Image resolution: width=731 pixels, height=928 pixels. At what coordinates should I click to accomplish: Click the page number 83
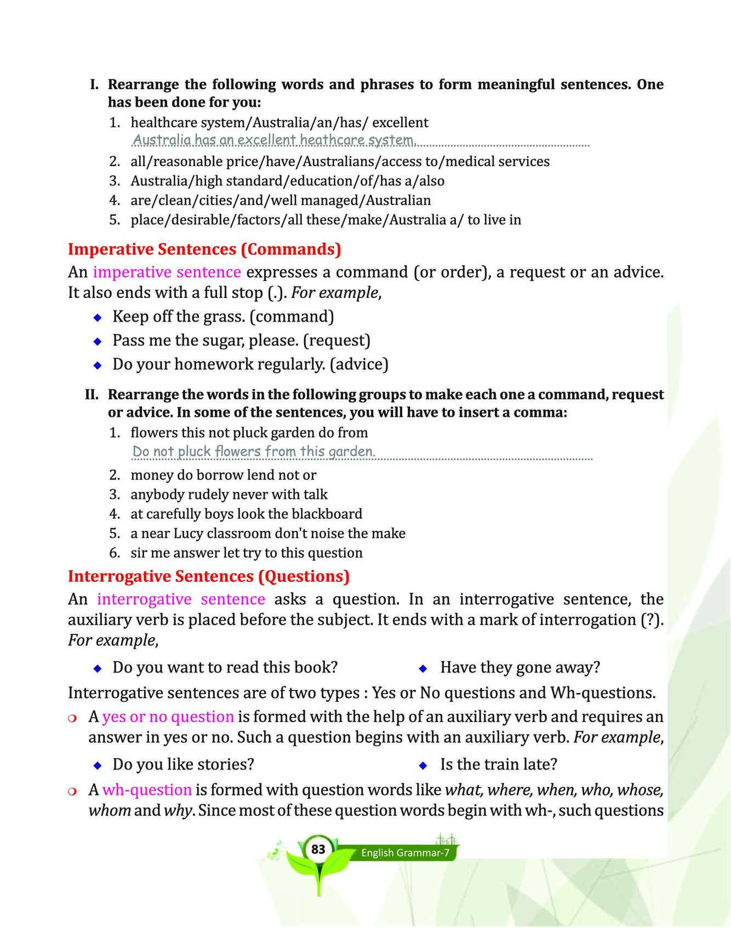point(318,850)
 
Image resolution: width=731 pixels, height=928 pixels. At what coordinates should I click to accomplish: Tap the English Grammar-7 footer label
point(405,853)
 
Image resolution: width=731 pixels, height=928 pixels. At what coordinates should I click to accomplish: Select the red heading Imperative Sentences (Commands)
point(204,249)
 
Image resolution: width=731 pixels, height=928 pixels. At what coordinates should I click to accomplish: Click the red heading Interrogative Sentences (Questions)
point(209,576)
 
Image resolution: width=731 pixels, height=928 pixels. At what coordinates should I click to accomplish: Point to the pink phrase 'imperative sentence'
point(167,272)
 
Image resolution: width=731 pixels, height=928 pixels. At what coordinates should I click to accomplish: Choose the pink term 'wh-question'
point(147,790)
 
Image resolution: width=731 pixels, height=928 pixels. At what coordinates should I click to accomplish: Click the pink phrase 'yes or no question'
point(168,717)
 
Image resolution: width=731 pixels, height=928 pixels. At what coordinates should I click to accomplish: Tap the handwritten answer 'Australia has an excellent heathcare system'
point(275,140)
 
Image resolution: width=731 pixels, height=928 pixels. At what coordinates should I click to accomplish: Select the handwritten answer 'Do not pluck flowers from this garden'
point(254,451)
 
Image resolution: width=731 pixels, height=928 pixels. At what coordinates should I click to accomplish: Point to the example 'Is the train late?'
point(499,764)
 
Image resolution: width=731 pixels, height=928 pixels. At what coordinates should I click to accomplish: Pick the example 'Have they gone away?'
point(520,667)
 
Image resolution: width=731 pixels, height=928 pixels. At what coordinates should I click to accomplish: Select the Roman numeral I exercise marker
point(94,85)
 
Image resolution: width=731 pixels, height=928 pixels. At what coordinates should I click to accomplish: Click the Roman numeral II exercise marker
point(92,395)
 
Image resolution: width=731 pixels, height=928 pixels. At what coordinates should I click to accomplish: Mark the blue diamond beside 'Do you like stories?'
point(98,765)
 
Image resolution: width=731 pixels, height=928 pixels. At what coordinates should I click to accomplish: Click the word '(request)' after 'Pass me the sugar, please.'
point(336,341)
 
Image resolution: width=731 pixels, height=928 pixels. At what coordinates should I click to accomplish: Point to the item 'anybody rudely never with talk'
point(229,495)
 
